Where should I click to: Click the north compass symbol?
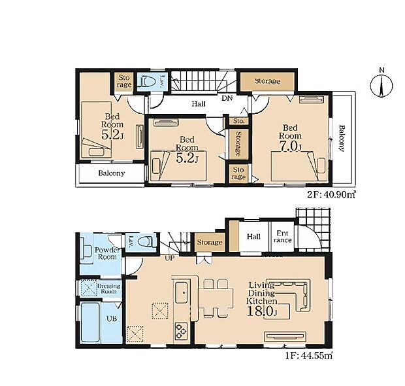tap(381, 85)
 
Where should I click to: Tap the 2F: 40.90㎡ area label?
tap(331, 194)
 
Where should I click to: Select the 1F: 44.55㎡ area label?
tap(309, 356)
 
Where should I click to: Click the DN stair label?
tap(227, 98)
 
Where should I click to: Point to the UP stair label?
tap(169, 258)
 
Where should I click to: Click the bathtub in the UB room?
tap(90, 323)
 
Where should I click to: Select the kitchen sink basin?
tap(182, 292)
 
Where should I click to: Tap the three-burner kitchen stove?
tap(181, 331)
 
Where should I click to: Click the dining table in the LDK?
tap(216, 298)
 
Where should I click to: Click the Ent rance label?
tap(283, 237)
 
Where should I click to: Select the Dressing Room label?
tap(108, 289)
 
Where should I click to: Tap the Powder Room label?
tap(107, 254)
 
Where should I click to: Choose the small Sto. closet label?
tap(238, 121)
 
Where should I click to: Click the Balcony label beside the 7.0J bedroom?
tap(342, 138)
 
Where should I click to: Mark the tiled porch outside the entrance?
tap(313, 229)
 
